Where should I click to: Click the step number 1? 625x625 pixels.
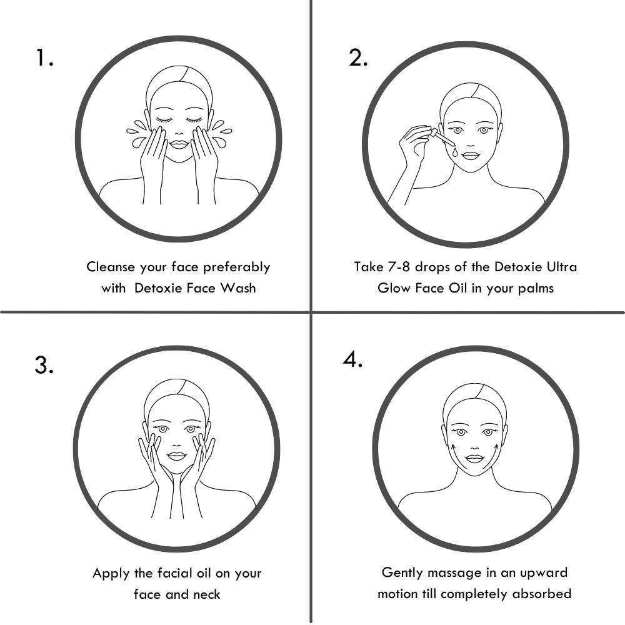[x=44, y=58]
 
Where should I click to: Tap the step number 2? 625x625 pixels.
[x=357, y=58]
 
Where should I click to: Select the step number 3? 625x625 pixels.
[x=44, y=365]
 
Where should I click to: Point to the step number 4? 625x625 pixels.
[x=352, y=360]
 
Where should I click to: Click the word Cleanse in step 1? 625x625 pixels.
[x=111, y=267]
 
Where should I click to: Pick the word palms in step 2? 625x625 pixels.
[x=532, y=288]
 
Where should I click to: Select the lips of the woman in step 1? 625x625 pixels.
[x=179, y=144]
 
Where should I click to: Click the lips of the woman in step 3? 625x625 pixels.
[x=177, y=456]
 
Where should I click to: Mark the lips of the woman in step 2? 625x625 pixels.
[x=471, y=156]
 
